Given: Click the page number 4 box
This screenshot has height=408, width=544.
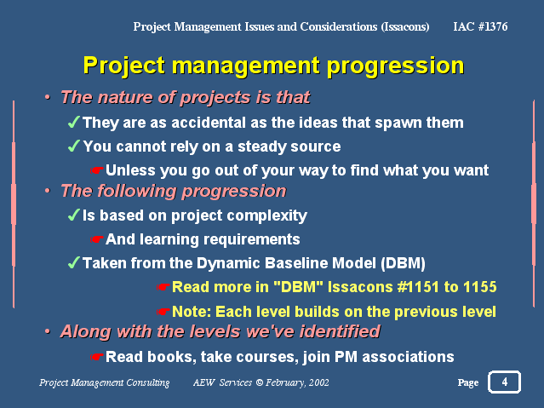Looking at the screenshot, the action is (x=504, y=382).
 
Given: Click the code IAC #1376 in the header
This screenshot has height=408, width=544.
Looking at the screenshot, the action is (x=480, y=26).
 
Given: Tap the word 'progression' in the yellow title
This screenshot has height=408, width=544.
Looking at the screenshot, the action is (x=396, y=66).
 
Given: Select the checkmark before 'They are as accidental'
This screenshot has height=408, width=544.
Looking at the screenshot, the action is (x=74, y=122).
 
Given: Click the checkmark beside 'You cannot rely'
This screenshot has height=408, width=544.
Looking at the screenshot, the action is (x=74, y=146).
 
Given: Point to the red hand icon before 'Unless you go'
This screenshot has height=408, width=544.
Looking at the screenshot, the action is (x=96, y=170).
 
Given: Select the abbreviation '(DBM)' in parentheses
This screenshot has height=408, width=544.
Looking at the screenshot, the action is (x=403, y=263).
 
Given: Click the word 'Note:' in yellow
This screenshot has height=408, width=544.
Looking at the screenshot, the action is (x=192, y=312).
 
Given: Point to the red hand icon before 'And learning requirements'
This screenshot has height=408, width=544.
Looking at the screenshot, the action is (x=96, y=239).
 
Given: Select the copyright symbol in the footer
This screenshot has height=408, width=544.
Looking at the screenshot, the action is (x=260, y=382).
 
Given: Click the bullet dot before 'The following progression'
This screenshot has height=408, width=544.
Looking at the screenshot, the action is (x=48, y=191).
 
